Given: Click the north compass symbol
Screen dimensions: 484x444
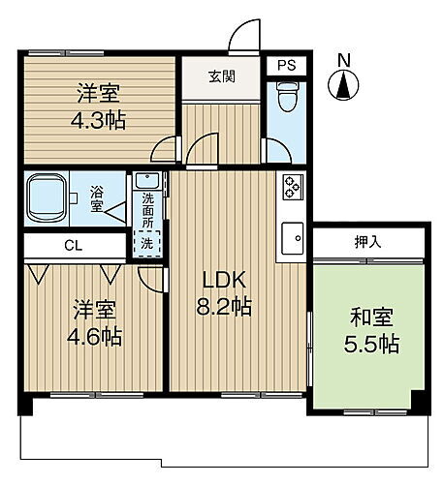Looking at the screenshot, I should pyautogui.click(x=343, y=88).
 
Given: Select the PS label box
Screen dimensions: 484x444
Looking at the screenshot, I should pyautogui.click(x=286, y=66).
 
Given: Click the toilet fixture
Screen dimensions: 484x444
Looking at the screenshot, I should pyautogui.click(x=286, y=98).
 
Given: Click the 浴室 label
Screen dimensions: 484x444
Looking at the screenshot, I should pyautogui.click(x=98, y=198).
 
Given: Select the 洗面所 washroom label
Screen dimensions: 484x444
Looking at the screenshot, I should pyautogui.click(x=147, y=208).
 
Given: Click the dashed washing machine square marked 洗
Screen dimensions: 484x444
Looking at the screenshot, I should pyautogui.click(x=146, y=244).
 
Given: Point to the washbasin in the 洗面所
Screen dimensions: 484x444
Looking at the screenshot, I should pyautogui.click(x=147, y=181).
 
